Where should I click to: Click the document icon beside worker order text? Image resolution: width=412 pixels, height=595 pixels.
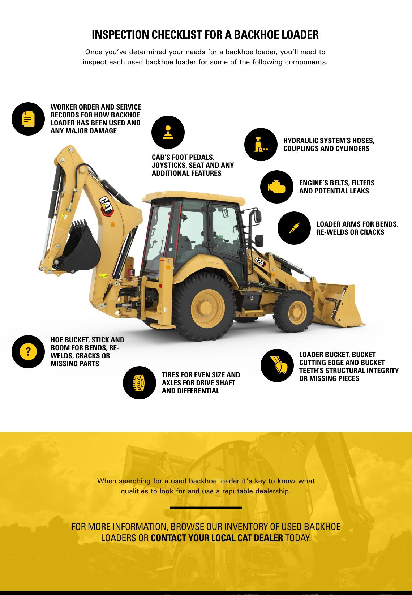(x=28, y=119)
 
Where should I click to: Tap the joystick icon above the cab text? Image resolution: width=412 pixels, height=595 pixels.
(x=168, y=132)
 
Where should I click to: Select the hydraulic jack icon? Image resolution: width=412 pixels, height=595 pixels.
(x=260, y=145)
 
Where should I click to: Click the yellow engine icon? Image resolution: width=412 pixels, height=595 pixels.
(x=276, y=187)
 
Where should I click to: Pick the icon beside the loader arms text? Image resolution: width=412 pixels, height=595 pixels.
(x=294, y=228)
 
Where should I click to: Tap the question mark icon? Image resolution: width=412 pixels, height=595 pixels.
(x=28, y=352)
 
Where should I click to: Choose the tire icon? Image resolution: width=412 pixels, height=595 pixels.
(x=139, y=383)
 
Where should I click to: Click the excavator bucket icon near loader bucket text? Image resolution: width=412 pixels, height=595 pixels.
(x=278, y=365)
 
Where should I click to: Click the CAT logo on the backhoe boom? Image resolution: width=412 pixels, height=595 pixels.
(x=107, y=206)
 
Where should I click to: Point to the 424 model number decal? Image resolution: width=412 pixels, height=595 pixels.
(x=260, y=262)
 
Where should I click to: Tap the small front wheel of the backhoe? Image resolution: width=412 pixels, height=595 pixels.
(x=294, y=311)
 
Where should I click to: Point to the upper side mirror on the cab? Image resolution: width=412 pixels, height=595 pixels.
(x=257, y=216)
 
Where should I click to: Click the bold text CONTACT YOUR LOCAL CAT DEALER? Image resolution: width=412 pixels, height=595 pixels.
(x=217, y=538)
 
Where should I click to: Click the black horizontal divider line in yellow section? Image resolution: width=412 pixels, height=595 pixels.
(x=206, y=508)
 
